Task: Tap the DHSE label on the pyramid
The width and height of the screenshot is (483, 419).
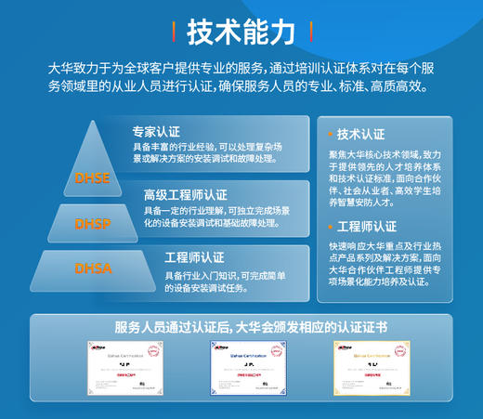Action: click(93, 176)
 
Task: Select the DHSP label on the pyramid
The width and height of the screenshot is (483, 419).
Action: click(93, 223)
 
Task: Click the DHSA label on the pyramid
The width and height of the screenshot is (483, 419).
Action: click(93, 269)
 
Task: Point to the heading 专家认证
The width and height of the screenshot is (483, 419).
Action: click(155, 131)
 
